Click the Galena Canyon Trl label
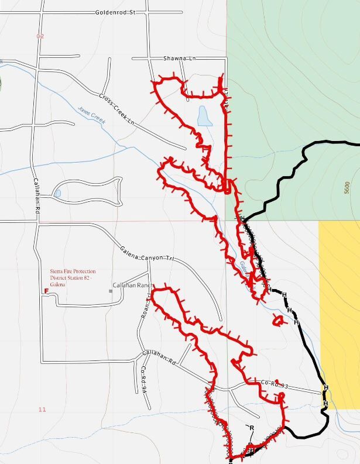click(x=148, y=253)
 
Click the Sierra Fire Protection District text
click(x=73, y=274)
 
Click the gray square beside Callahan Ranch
click(x=110, y=291)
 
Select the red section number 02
click(x=40, y=36)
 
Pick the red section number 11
click(x=42, y=410)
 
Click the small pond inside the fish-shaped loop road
click(x=57, y=193)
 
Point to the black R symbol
click(x=252, y=428)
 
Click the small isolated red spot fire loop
click(x=279, y=320)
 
